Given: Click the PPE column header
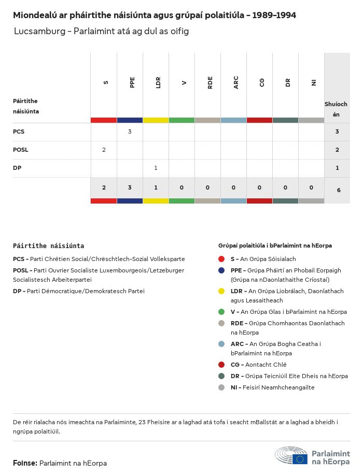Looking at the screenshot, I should [132, 82].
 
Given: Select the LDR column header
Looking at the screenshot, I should [158, 82].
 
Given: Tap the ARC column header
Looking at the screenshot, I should [236, 82].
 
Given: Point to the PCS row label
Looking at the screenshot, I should [19, 132].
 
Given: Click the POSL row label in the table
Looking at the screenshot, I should [21, 150].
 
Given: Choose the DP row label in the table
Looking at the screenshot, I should [17, 168].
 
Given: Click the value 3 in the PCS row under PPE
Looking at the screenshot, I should [130, 132].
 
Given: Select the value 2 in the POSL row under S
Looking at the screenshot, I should [104, 150].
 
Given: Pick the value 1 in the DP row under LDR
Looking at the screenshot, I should [156, 168].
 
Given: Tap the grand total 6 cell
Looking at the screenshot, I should [338, 190].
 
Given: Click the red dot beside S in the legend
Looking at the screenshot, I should [221, 259].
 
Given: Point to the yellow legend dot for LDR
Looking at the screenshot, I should [221, 291].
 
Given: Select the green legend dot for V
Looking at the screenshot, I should [221, 312].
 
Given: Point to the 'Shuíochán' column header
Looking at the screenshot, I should [336, 109].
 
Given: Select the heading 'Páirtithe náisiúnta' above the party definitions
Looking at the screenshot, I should [48, 246].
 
